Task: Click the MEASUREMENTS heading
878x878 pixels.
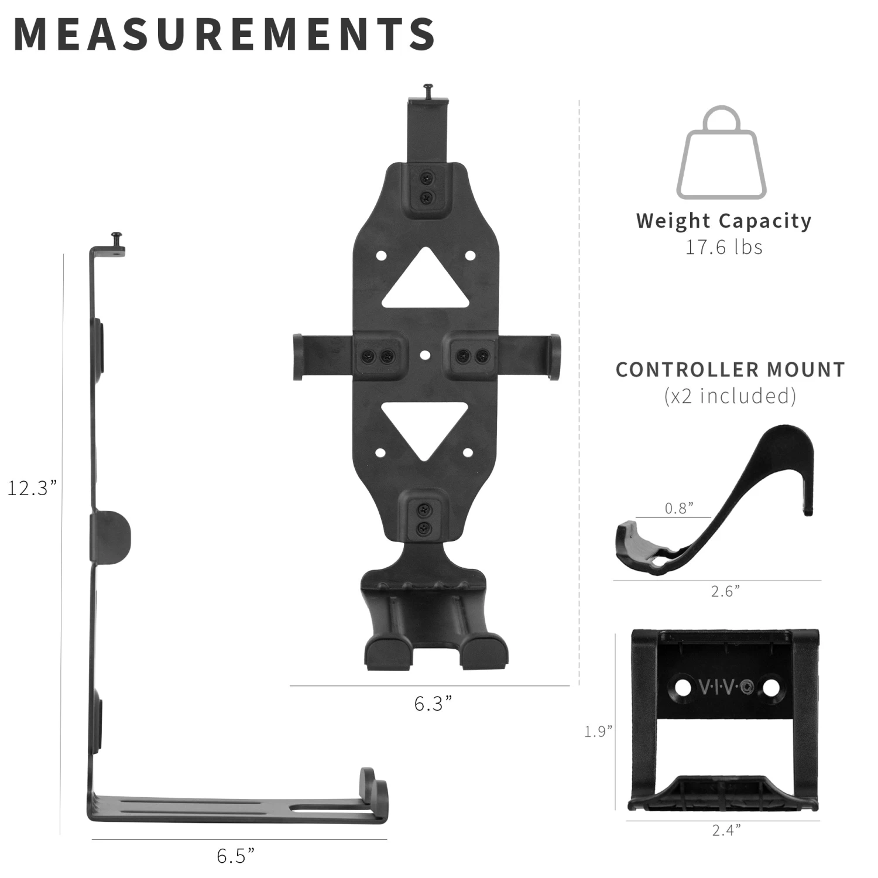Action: pos(224,34)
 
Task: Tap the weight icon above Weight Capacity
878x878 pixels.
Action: pos(722,153)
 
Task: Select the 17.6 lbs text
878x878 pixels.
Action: pos(724,247)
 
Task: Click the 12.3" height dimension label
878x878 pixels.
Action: pos(32,488)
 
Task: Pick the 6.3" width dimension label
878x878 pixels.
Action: pos(433,703)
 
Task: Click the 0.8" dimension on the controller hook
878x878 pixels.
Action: pos(679,508)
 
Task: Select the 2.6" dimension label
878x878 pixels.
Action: pos(725,591)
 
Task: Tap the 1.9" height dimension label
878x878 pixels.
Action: pos(598,731)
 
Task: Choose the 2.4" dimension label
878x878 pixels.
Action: pos(726,830)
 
